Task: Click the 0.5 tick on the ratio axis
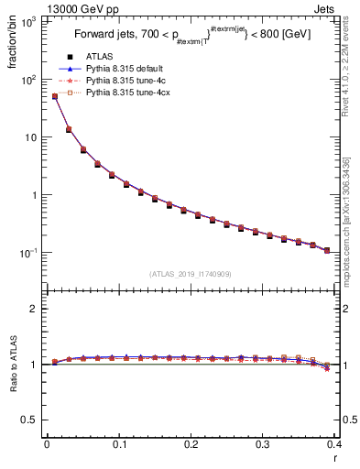31,420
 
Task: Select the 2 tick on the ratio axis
35,309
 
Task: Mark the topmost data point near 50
55,96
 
